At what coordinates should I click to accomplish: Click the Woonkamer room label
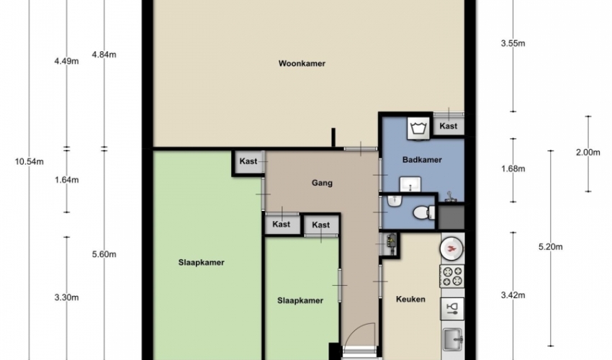(302, 63)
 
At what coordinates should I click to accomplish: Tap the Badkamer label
(422, 160)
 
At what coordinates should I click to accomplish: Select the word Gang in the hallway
(322, 183)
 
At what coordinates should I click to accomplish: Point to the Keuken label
(410, 299)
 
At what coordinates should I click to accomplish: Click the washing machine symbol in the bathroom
(418, 127)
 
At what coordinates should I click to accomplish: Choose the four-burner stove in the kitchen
(452, 276)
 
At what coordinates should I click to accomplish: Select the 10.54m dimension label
(30, 161)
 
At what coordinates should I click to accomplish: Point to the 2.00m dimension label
(588, 152)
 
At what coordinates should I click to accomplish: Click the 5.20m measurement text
(550, 247)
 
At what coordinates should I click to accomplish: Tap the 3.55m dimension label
(513, 43)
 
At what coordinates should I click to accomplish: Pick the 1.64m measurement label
(66, 180)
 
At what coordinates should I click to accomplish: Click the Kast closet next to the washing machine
(448, 126)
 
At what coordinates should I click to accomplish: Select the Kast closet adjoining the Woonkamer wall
(248, 161)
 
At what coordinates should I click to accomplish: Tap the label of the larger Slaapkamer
(202, 262)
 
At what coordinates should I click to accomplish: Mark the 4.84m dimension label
(104, 55)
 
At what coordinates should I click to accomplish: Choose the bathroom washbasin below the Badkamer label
(410, 184)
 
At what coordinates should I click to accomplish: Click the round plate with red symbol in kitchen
(452, 248)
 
